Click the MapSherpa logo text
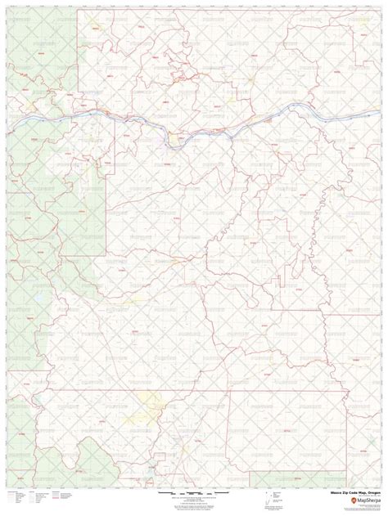(362, 500)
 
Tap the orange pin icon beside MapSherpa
(346, 500)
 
